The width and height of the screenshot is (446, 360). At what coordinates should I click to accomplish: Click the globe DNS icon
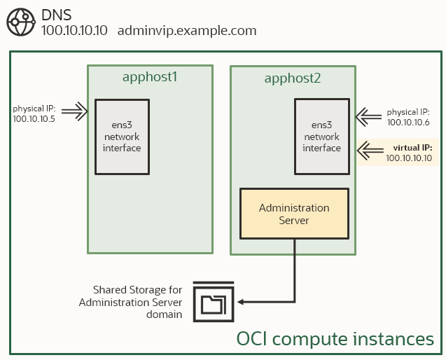tap(20, 23)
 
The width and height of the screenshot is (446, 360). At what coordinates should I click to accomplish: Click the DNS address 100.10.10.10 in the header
tap(74, 32)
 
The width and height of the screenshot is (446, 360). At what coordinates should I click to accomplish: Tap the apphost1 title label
tap(151, 76)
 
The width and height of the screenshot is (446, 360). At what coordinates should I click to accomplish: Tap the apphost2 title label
tap(293, 78)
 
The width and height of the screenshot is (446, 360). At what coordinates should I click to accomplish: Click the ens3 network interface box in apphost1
tap(122, 137)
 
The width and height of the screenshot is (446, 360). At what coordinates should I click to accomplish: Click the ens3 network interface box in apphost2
tap(321, 137)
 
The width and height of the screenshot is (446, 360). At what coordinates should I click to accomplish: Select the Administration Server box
tap(294, 214)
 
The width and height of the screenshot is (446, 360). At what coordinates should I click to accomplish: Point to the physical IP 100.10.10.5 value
tap(34, 120)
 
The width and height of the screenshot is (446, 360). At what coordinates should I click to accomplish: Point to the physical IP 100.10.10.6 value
tap(408, 123)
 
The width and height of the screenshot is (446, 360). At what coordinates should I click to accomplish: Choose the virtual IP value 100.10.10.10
tap(410, 159)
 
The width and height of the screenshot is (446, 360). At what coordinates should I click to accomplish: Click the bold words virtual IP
tap(413, 148)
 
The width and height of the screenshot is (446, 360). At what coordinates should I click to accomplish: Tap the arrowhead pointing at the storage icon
tap(242, 303)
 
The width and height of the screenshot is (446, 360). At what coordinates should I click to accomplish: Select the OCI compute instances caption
tap(335, 340)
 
